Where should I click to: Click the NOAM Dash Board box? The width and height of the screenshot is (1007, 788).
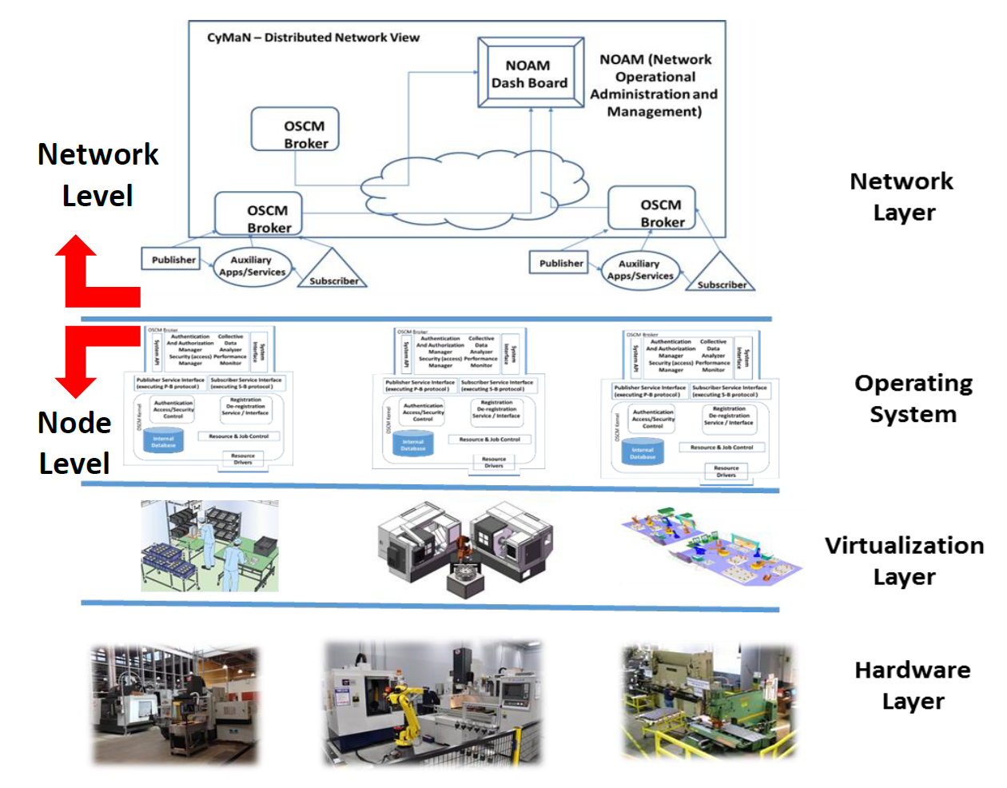(530, 74)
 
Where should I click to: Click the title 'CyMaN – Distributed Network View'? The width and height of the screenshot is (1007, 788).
(312, 38)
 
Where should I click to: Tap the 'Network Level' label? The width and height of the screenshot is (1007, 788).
(98, 174)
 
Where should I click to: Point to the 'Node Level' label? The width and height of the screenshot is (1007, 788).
(74, 443)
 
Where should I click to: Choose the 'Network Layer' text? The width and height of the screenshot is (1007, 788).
(902, 197)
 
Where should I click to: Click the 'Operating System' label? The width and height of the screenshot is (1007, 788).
(913, 398)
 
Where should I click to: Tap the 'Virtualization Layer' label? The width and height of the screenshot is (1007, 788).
(904, 560)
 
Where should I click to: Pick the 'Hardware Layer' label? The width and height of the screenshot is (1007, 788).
(912, 685)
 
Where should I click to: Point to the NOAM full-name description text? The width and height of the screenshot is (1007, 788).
(655, 86)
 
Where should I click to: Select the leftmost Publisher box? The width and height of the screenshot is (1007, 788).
(173, 260)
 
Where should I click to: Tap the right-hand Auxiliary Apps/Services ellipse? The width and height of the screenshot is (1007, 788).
(639, 270)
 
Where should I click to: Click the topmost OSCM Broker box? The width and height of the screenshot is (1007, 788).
(296, 129)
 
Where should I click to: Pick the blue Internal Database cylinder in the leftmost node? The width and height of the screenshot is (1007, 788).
(164, 440)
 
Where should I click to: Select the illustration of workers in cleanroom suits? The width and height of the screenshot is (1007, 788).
(209, 546)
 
